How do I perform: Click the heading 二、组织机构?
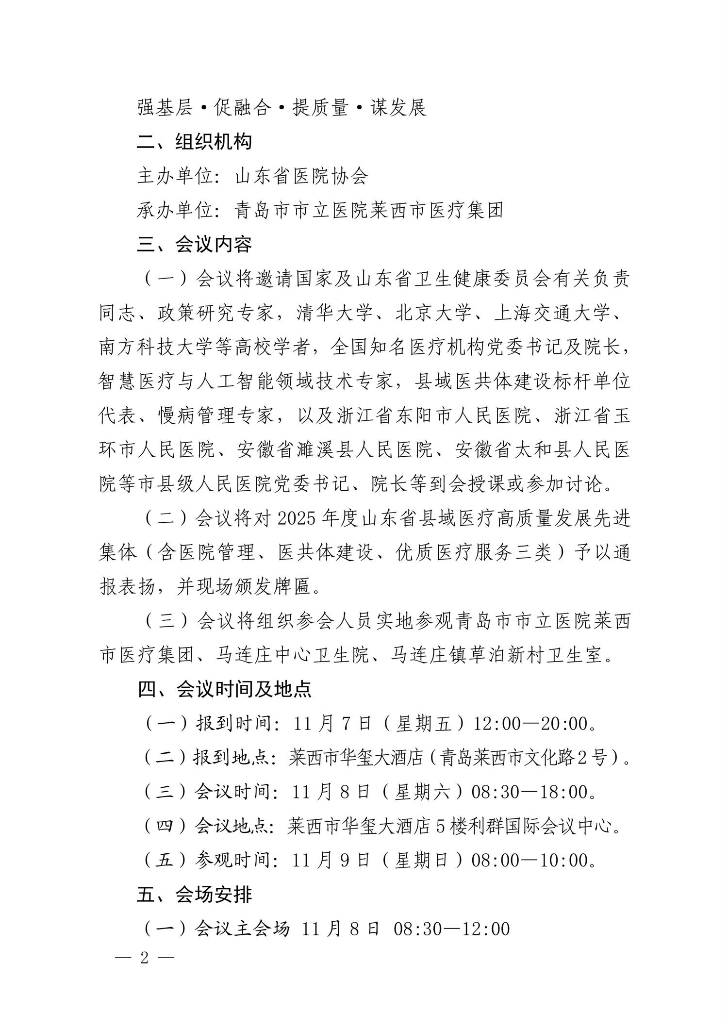pos(195,142)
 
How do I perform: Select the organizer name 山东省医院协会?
pos(301,176)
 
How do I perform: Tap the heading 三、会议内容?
pos(195,244)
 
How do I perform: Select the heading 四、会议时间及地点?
pos(224,689)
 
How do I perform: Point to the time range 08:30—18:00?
pos(529,792)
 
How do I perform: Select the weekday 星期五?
pos(424,724)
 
